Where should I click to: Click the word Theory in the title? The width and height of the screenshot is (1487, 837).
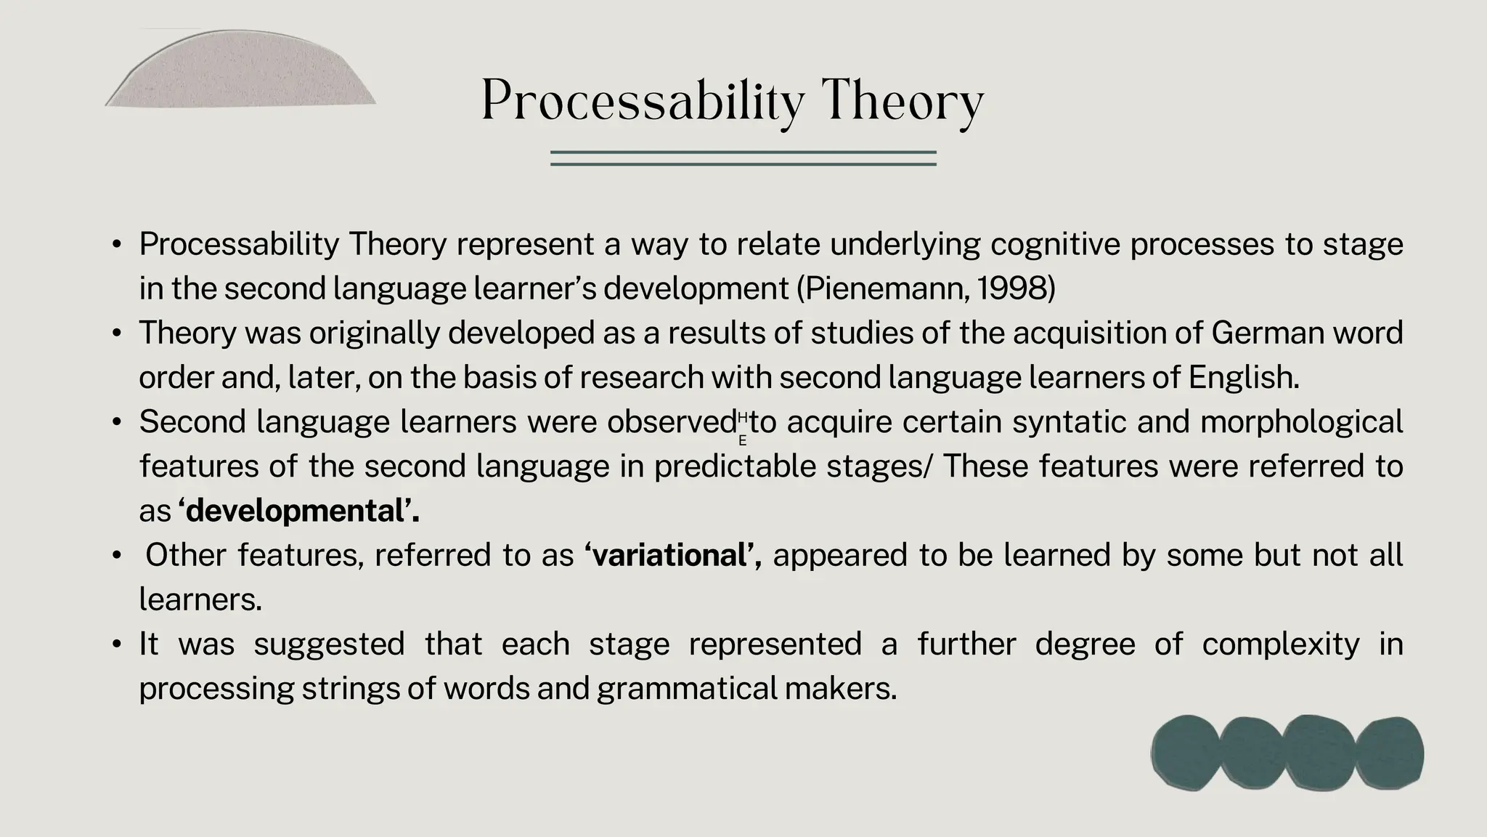pyautogui.click(x=903, y=102)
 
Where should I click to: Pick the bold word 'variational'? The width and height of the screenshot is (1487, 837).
pyautogui.click(x=672, y=555)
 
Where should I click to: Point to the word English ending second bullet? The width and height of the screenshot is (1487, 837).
pyautogui.click(x=1242, y=377)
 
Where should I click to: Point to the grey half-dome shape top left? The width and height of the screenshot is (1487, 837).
pyautogui.click(x=240, y=73)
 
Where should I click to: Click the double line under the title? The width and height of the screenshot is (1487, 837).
pyautogui.click(x=743, y=158)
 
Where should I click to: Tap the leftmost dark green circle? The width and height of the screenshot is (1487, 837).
pyautogui.click(x=1185, y=753)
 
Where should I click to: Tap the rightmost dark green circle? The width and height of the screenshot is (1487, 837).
pyautogui.click(x=1389, y=752)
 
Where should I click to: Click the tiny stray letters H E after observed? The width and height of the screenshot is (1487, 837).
pyautogui.click(x=742, y=428)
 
